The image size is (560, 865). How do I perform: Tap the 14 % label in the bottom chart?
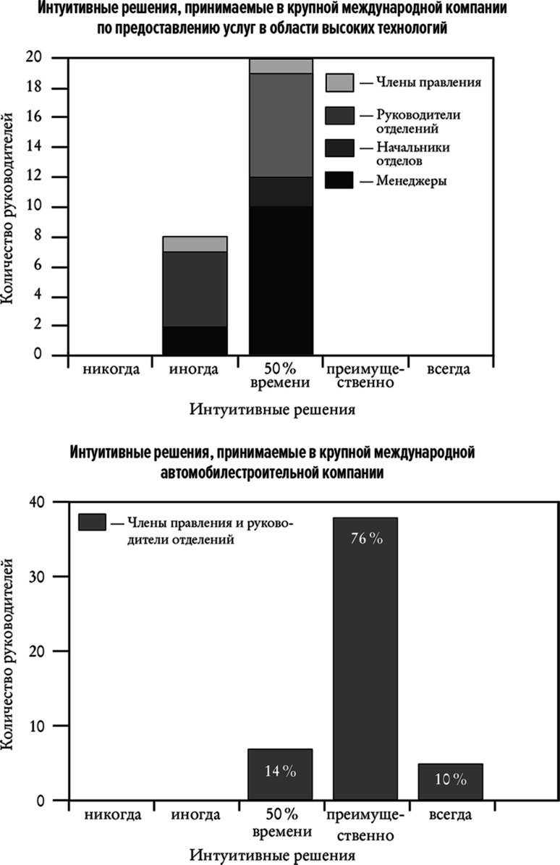point(280,772)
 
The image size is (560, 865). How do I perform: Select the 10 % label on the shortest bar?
point(450,780)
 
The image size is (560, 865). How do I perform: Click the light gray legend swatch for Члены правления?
point(339,82)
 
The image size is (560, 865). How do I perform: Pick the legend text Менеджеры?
point(411,181)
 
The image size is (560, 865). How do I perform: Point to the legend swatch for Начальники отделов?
point(339,147)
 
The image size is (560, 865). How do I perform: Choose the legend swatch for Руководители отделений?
point(339,115)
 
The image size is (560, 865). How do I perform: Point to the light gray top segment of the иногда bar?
point(195,244)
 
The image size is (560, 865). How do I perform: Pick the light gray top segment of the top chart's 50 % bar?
point(281,66)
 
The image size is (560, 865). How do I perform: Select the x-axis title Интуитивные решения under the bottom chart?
point(272,856)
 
